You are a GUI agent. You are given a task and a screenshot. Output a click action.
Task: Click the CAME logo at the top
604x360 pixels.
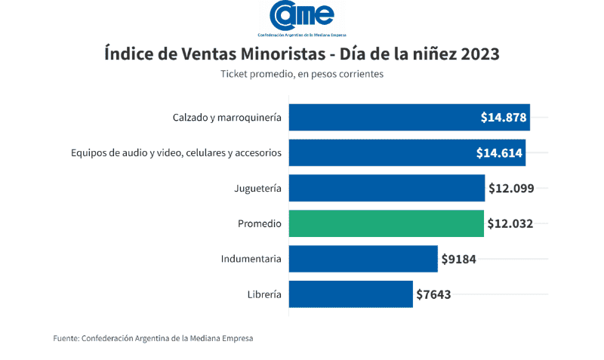[301, 19]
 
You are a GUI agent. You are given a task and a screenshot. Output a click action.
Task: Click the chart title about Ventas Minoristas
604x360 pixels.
[301, 54]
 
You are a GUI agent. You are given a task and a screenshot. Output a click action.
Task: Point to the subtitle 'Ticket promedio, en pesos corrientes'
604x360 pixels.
[302, 74]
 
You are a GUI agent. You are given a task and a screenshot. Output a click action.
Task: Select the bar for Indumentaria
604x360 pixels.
[363, 259]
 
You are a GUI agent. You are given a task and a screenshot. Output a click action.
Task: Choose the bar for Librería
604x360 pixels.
[350, 294]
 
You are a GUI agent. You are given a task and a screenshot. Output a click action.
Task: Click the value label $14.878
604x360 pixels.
[504, 117]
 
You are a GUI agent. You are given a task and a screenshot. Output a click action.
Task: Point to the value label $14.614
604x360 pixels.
[499, 152]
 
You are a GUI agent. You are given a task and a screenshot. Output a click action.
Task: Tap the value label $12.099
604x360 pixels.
[511, 188]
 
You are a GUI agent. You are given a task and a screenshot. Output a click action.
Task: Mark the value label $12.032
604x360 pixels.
[510, 223]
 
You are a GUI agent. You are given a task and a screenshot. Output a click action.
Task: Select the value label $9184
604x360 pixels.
[458, 259]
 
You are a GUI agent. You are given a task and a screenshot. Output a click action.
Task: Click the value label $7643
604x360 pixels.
[433, 294]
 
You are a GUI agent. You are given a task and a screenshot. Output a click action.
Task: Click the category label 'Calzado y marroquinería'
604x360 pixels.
[226, 118]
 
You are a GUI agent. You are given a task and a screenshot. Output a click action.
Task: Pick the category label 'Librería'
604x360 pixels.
[264, 294]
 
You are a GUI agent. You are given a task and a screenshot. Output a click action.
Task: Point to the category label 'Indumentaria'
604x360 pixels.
[251, 259]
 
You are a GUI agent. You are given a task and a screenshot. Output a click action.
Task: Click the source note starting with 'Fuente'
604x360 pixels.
[153, 338]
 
